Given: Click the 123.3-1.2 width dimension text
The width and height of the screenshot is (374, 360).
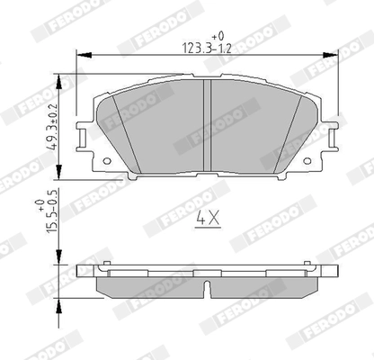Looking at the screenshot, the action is coord(207,48).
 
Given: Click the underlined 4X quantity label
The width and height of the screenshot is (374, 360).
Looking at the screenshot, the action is coord(208,219).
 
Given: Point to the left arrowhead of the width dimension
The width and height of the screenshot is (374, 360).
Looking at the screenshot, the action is coord(85,55).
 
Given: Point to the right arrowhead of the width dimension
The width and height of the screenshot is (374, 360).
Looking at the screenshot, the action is coord(331,55).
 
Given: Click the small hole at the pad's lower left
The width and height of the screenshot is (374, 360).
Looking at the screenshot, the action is coord(107,161).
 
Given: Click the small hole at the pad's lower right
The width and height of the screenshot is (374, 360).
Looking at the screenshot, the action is coord(307,161).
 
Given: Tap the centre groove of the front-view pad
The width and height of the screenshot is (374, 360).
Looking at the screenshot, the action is coord(208,125).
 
